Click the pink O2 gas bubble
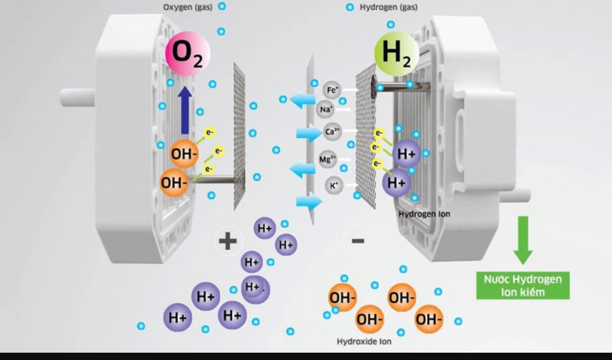point(188,53)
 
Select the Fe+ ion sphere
point(332,90)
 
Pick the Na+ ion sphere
point(325,110)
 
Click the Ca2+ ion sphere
point(333,132)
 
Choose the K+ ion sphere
point(334,185)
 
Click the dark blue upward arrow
point(185,110)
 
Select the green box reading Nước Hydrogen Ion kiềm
point(522,285)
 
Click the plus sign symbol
point(228,241)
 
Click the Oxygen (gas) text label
point(187,7)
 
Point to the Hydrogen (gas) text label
point(388,7)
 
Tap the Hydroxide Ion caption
point(364,341)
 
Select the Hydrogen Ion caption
point(424,214)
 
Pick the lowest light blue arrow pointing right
point(309,201)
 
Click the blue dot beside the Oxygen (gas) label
point(222,7)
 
